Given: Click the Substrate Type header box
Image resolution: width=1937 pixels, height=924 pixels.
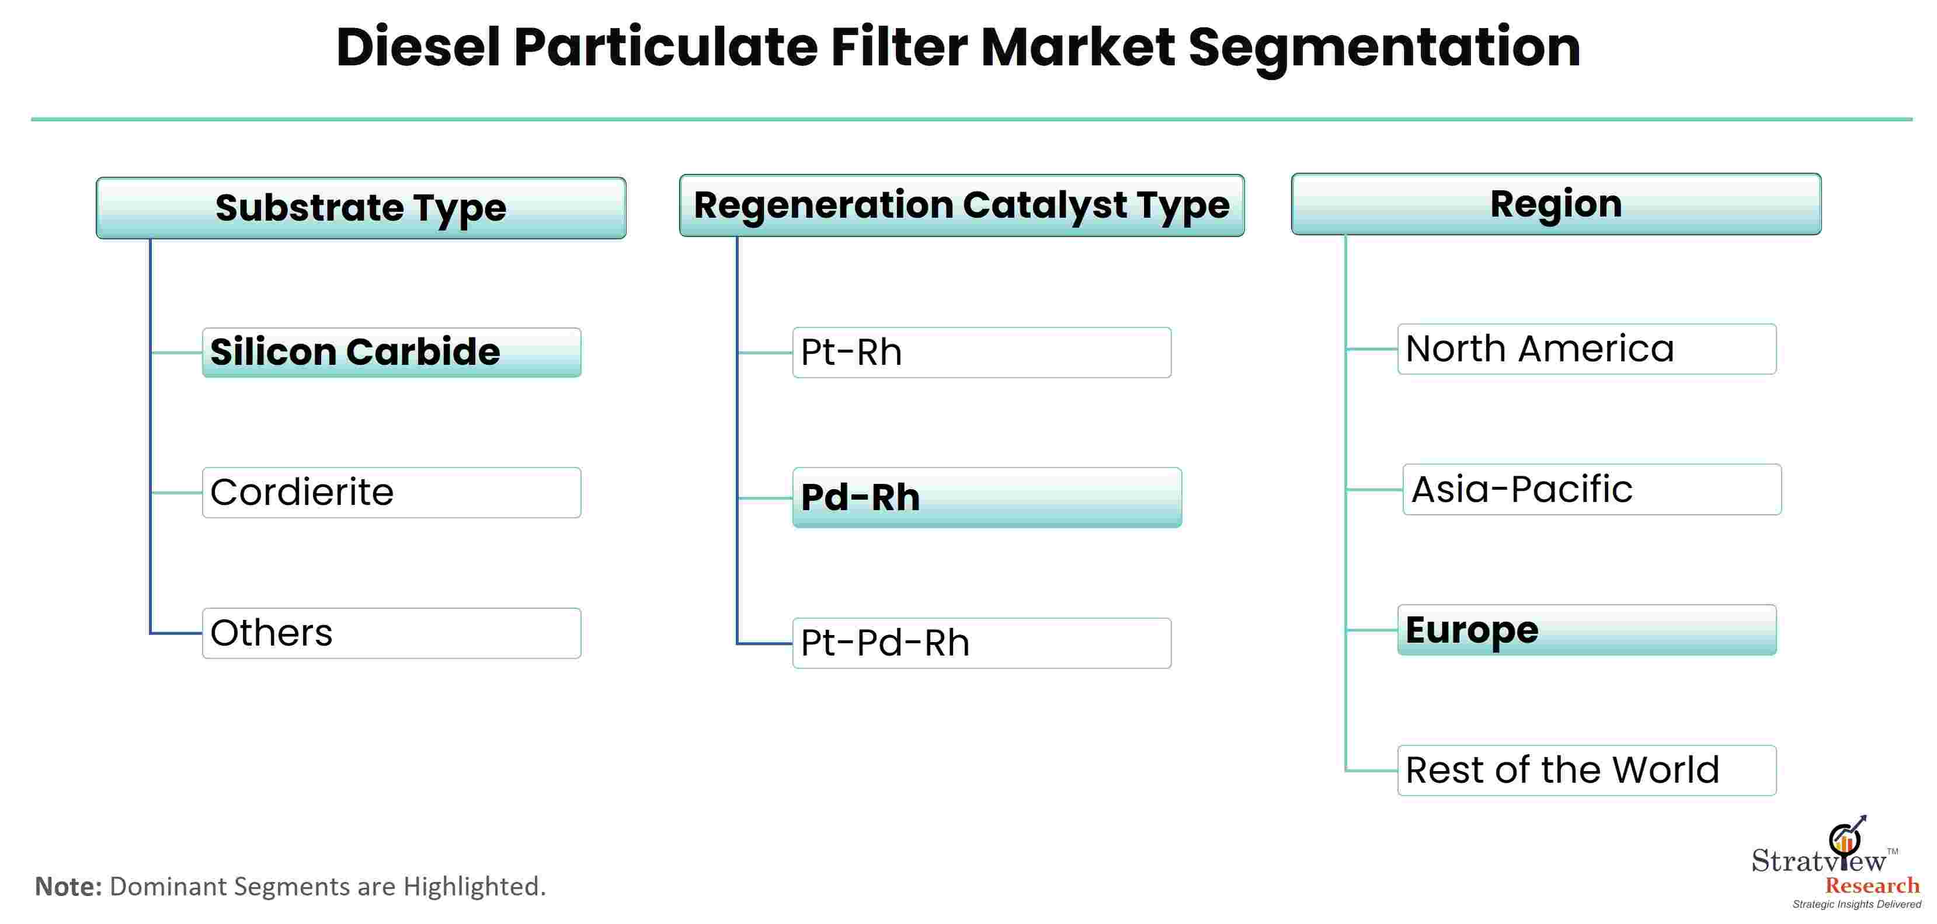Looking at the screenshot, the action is (x=361, y=208).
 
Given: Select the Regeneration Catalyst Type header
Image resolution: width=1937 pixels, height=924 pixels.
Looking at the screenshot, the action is (x=962, y=205).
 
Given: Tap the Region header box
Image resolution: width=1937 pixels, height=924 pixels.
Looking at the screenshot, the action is (x=1556, y=204).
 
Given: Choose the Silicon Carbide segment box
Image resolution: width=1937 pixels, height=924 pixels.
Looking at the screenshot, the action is (x=392, y=352).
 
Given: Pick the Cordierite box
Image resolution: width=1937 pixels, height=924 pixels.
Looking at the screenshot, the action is (x=392, y=493).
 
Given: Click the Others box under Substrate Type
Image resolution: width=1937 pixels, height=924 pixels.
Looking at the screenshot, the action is (x=392, y=633).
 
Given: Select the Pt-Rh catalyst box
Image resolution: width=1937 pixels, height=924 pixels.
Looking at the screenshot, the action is (x=981, y=352).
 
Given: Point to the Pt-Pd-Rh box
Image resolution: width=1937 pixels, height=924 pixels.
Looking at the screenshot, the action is (x=981, y=643).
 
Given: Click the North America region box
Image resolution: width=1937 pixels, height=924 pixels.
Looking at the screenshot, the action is (x=1587, y=349).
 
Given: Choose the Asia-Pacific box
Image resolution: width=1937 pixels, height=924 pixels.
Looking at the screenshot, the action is (x=1592, y=490).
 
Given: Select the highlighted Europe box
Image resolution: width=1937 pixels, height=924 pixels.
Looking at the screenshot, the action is (x=1587, y=630).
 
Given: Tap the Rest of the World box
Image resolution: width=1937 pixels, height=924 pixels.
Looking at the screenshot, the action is (x=1587, y=770).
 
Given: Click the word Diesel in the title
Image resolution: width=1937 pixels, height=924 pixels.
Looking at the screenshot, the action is (x=418, y=47).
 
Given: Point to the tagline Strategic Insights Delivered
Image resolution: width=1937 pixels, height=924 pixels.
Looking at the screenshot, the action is (x=1856, y=905).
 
